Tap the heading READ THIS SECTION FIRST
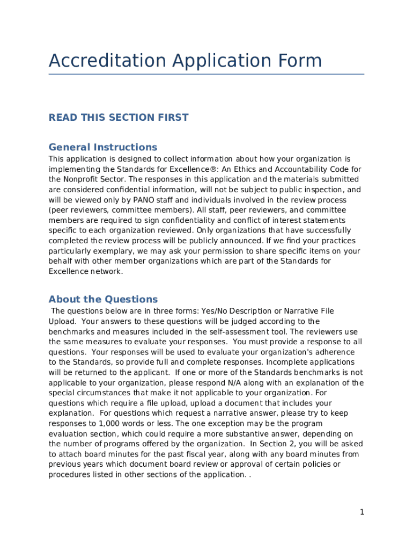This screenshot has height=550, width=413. point(119,118)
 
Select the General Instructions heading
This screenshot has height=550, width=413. point(103,147)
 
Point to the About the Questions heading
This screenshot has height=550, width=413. point(103,299)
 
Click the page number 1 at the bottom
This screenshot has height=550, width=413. point(362,512)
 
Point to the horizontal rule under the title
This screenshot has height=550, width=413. point(206,74)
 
